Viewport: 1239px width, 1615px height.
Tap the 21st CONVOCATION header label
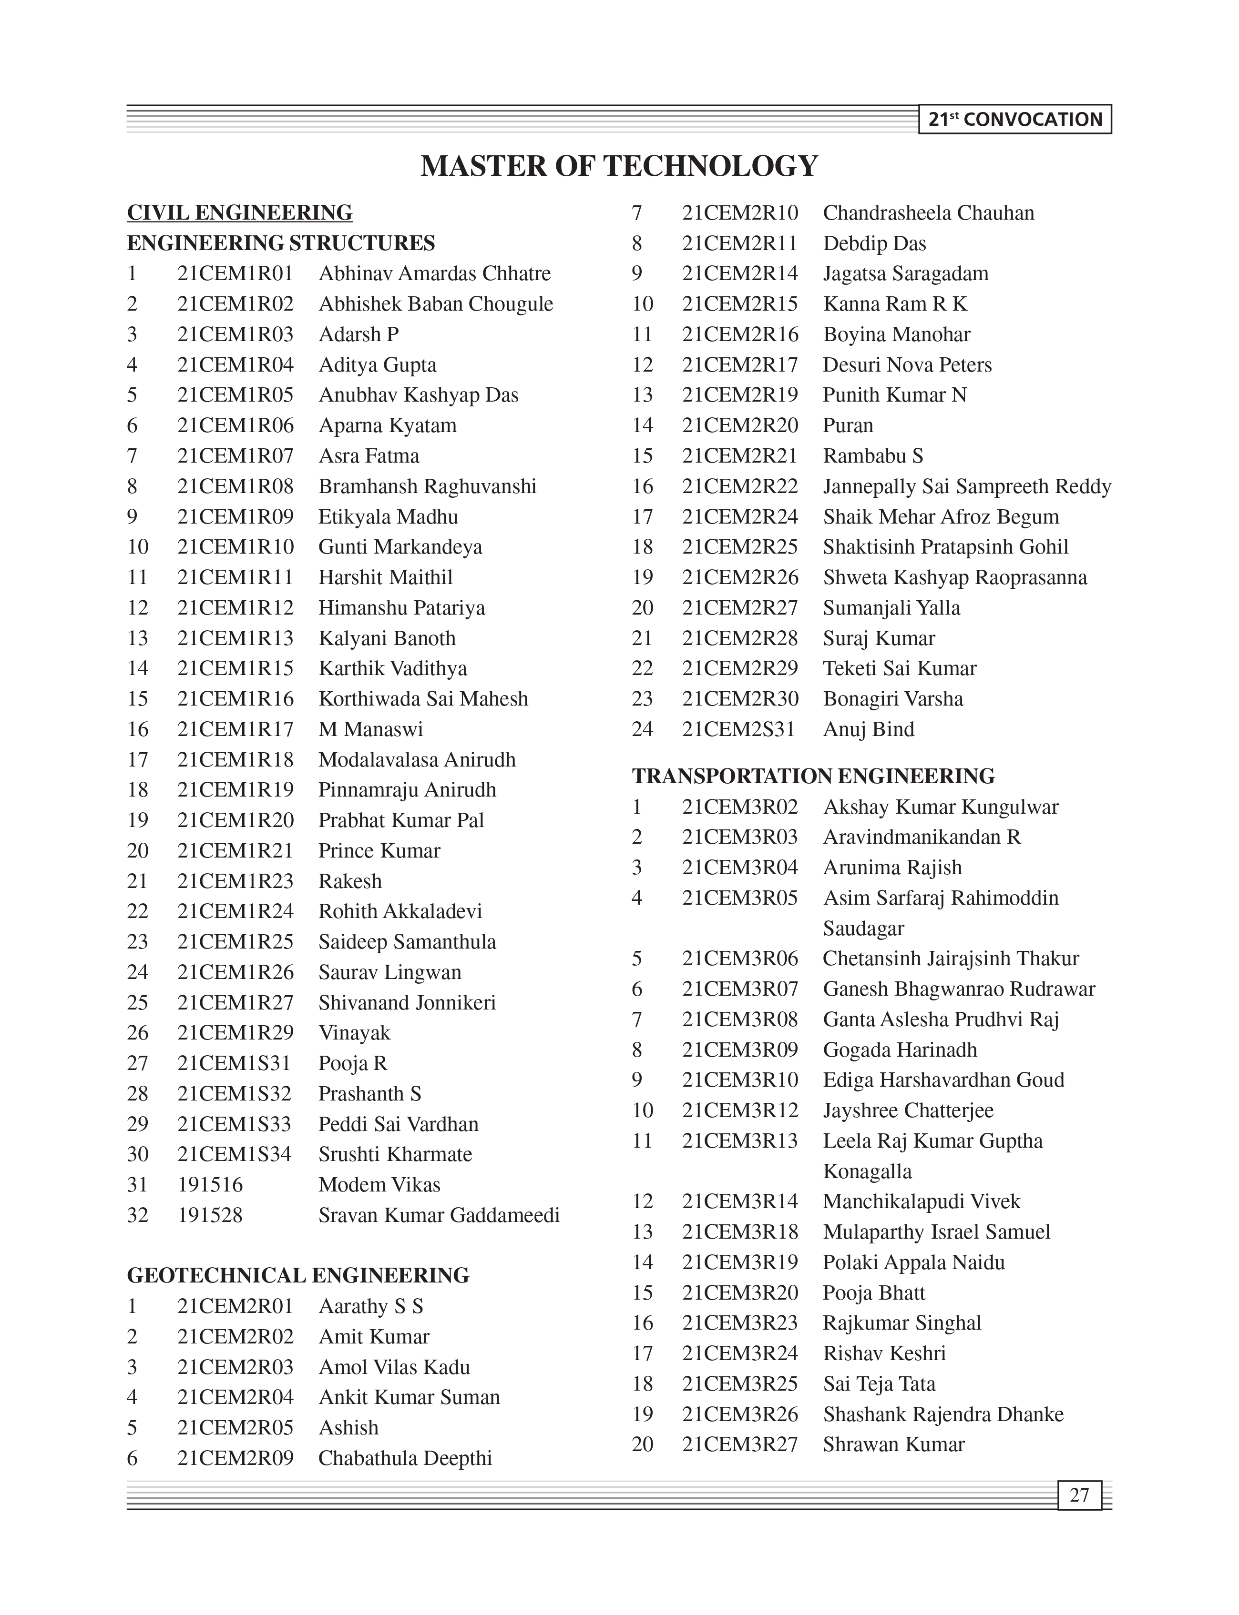click(x=1015, y=120)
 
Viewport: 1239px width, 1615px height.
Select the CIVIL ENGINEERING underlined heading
click(x=240, y=213)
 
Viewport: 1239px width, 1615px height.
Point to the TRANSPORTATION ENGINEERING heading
click(x=813, y=776)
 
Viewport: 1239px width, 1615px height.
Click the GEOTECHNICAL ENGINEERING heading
click(x=298, y=1275)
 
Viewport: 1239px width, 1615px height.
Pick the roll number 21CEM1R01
click(x=236, y=273)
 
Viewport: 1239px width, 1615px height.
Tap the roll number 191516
click(x=210, y=1184)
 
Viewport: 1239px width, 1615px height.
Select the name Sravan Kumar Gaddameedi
click(x=439, y=1215)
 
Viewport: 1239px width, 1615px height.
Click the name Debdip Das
click(x=875, y=243)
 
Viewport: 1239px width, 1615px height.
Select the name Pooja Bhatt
click(x=874, y=1293)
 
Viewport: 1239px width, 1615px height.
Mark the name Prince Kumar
click(x=379, y=851)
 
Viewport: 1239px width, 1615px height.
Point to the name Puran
click(x=848, y=425)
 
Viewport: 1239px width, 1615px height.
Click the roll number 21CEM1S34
click(x=235, y=1154)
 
